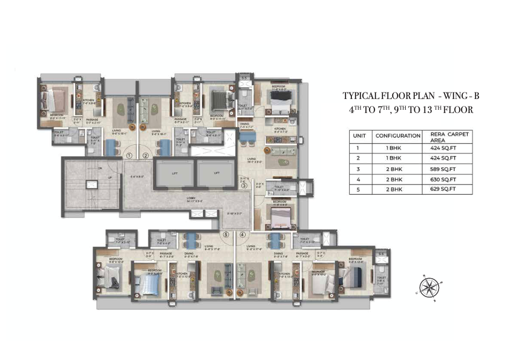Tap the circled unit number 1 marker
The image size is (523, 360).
click(x=129, y=156)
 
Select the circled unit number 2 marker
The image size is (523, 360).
click(x=145, y=156)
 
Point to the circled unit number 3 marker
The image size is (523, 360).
click(x=244, y=186)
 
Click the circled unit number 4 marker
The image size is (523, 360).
click(x=243, y=234)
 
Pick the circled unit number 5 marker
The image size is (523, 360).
click(x=226, y=234)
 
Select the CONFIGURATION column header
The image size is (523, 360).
click(x=398, y=136)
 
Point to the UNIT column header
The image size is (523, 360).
click(x=359, y=136)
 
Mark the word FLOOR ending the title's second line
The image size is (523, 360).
click(x=457, y=109)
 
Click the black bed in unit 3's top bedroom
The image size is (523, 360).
click(x=280, y=98)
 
